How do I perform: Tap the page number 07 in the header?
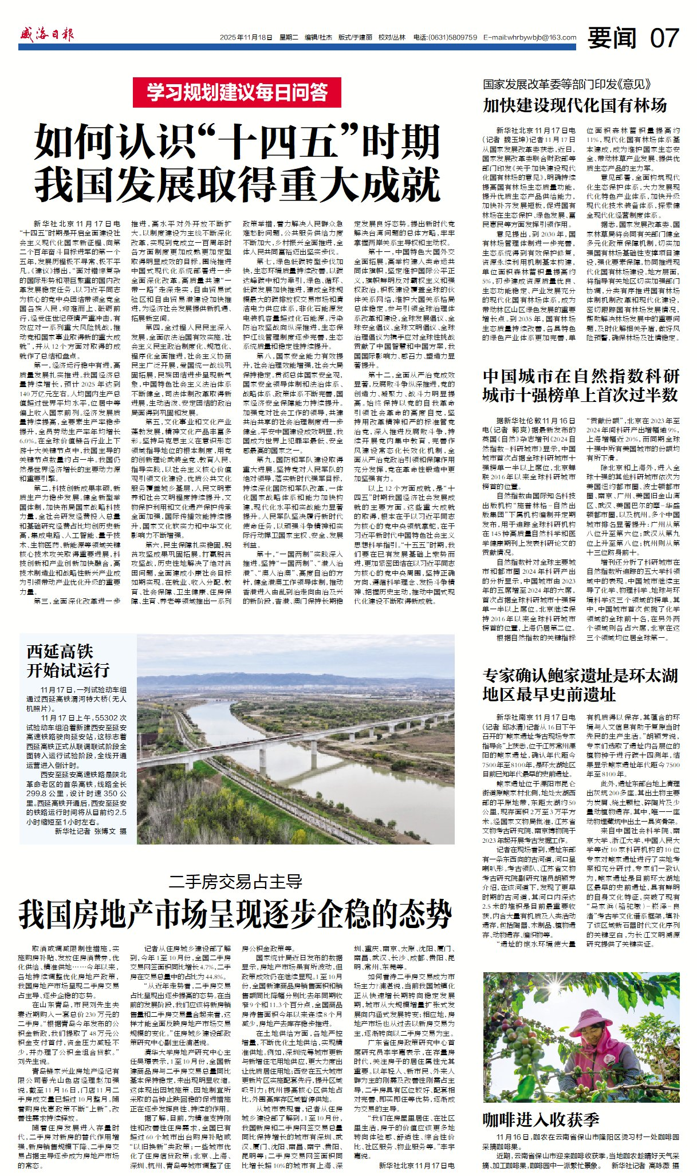pos(664,38)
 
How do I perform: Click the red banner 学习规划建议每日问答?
pos(237,92)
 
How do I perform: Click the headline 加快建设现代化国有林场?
pos(574,105)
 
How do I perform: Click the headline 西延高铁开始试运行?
pos(68,660)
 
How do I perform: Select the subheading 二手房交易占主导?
pos(236,881)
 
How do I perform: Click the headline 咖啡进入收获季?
pos(541,1119)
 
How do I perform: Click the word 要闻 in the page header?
pos(612,38)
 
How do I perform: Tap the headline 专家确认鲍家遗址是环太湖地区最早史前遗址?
pos(580,685)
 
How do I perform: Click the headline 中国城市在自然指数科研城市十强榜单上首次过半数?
pos(581,385)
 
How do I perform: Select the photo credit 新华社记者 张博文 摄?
pos(90,831)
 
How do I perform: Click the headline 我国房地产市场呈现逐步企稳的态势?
pos(235,914)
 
